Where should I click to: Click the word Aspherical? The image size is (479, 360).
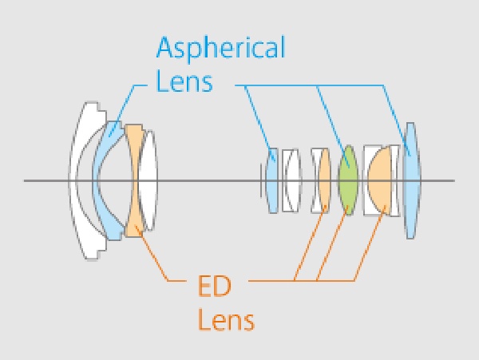pyautogui.click(x=220, y=48)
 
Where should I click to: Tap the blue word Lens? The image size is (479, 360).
pyautogui.click(x=184, y=82)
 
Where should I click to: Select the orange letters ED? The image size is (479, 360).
pyautogui.click(x=215, y=286)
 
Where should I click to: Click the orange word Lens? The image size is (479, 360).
pyautogui.click(x=226, y=320)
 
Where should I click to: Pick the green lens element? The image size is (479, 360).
pyautogui.click(x=348, y=180)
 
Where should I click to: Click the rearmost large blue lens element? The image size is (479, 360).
pyautogui.click(x=411, y=180)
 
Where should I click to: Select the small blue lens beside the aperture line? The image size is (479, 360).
pyautogui.click(x=272, y=180)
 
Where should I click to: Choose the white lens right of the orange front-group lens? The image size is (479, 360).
pyautogui.click(x=148, y=180)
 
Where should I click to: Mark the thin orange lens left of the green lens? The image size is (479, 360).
pyautogui.click(x=324, y=180)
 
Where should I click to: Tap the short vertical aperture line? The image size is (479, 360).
pyautogui.click(x=261, y=180)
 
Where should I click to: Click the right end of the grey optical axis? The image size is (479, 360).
pyautogui.click(x=454, y=180)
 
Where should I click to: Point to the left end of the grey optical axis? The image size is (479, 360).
pyautogui.click(x=25, y=180)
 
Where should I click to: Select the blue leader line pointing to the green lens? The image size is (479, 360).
pyautogui.click(x=333, y=126)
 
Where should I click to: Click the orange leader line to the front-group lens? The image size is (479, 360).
pyautogui.click(x=152, y=253)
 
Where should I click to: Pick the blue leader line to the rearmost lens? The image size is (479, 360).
pyautogui.click(x=397, y=121)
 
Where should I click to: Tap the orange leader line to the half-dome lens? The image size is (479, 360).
pyautogui.click(x=370, y=243)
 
